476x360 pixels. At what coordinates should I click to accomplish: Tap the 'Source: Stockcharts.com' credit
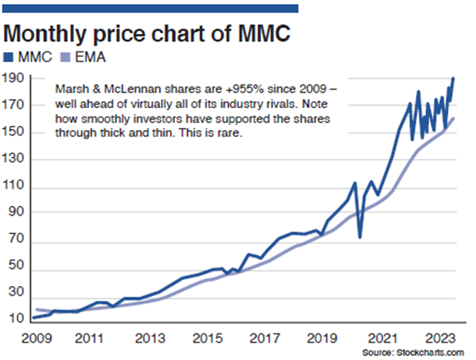click(416, 351)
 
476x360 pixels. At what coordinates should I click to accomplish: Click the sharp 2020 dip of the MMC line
click(360, 237)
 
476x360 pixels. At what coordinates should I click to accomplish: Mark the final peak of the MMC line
click(453, 79)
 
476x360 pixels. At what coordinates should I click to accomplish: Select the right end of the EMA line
click(453, 118)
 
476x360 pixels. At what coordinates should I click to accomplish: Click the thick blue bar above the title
click(151, 8)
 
